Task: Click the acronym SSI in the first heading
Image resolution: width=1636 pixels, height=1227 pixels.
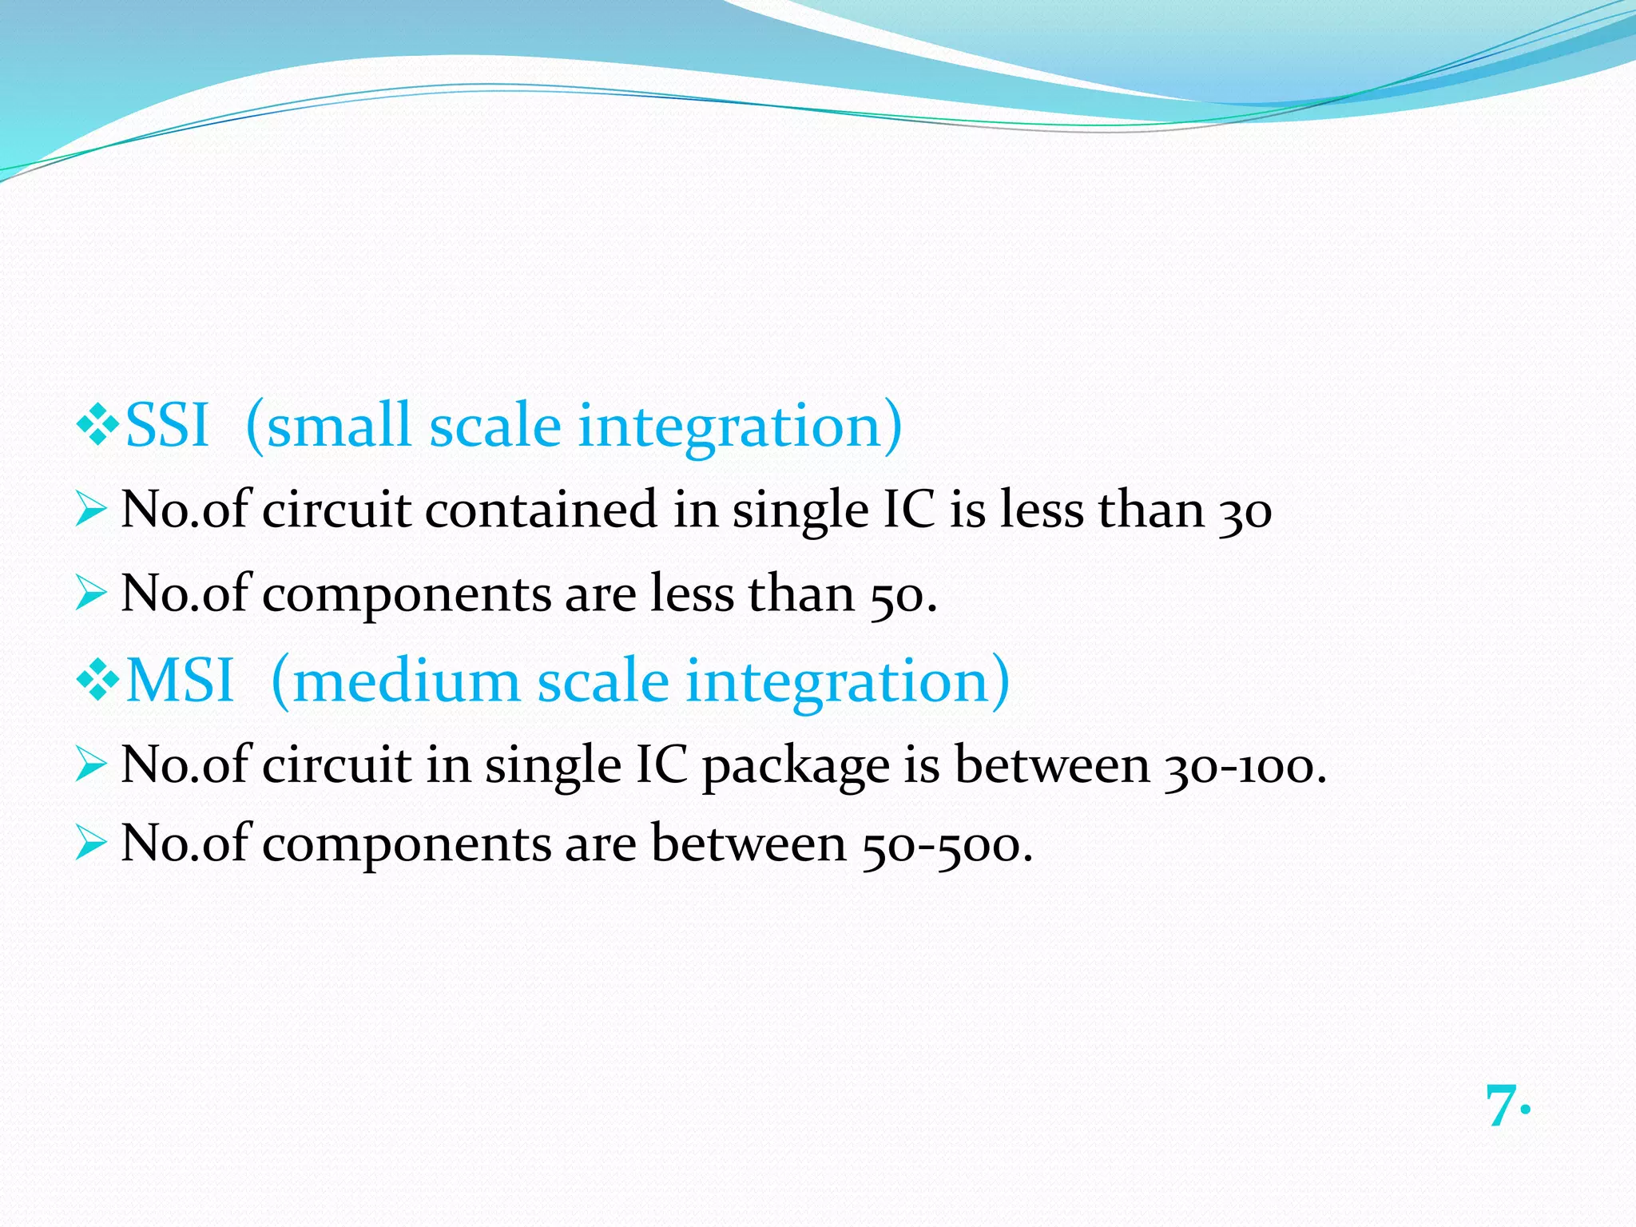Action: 167,426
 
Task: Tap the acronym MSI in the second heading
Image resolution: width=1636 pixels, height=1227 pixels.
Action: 180,681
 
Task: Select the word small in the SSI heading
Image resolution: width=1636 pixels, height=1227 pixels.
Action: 340,426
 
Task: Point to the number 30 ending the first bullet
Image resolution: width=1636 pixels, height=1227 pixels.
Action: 1245,511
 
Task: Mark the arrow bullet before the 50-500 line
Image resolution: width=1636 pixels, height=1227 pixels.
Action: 90,844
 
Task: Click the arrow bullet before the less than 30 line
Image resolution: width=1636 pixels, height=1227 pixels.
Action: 90,510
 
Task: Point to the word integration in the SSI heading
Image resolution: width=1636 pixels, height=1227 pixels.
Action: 729,426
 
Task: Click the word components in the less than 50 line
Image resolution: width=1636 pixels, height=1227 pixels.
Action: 407,596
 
